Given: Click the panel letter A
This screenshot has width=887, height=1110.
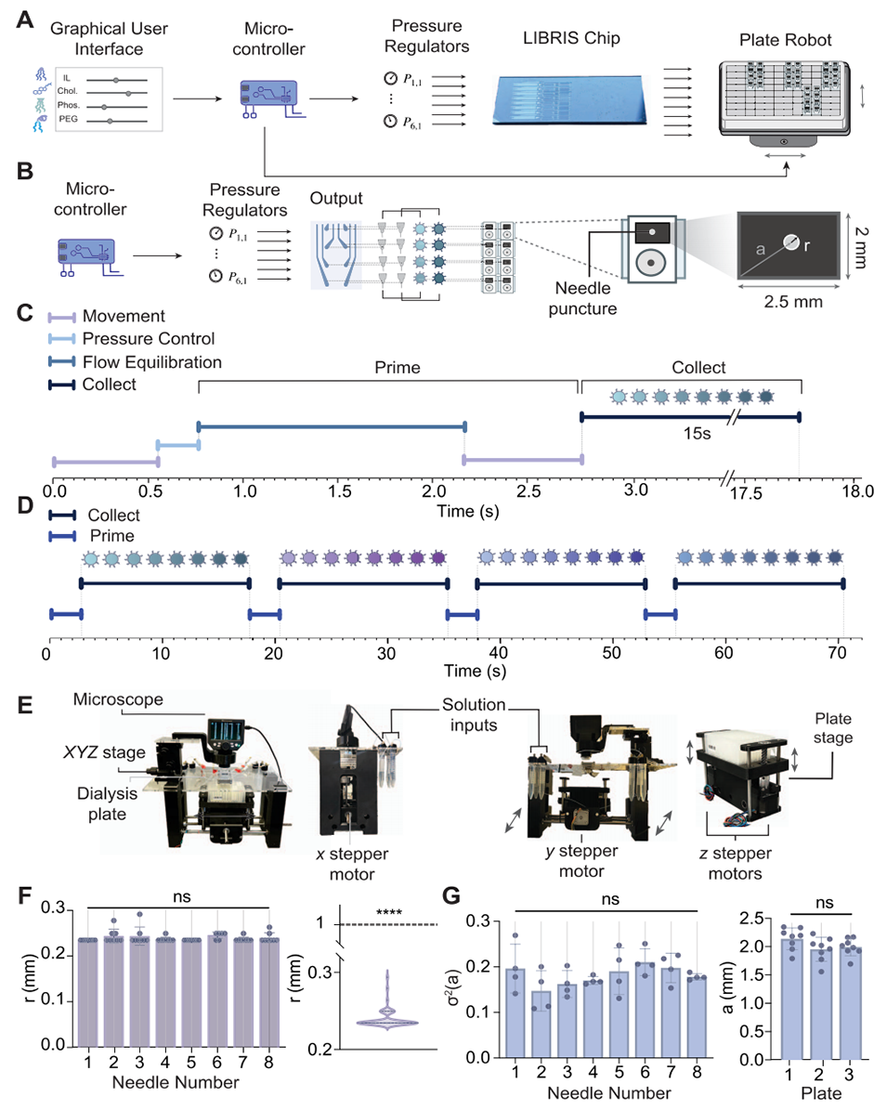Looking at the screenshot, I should [29, 16].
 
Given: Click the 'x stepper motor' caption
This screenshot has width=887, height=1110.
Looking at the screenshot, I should [356, 853].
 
